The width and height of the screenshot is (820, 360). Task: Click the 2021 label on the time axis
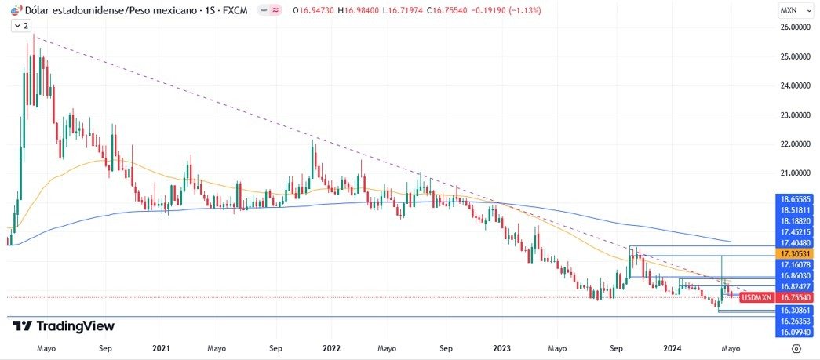click(161, 347)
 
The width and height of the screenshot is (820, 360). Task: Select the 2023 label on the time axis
click(502, 347)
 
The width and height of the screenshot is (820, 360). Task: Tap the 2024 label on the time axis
click(672, 347)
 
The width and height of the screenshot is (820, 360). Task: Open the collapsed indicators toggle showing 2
click(21, 26)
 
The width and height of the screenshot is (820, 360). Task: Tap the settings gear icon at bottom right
click(796, 347)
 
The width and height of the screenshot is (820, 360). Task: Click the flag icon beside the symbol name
click(15, 10)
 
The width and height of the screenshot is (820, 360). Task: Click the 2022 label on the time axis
click(331, 347)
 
